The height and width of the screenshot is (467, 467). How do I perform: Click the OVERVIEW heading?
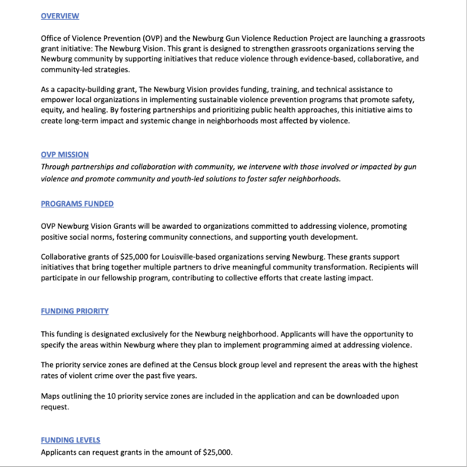coord(59,15)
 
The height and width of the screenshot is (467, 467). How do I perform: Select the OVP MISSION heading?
coord(64,154)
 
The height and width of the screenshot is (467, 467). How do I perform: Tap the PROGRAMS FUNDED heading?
coord(77,204)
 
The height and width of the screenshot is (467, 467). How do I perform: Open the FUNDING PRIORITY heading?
coord(75,311)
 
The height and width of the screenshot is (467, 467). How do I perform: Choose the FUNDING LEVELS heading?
coord(70,440)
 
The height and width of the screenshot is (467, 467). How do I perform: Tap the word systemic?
coord(175,121)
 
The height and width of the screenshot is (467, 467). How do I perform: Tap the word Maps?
coord(51,396)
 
